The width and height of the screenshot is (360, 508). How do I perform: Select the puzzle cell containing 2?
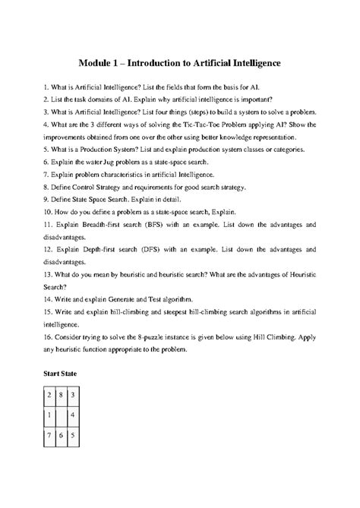(x=50, y=396)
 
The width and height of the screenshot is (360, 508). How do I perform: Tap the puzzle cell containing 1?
(x=50, y=416)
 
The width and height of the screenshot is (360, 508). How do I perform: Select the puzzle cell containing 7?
(x=50, y=437)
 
